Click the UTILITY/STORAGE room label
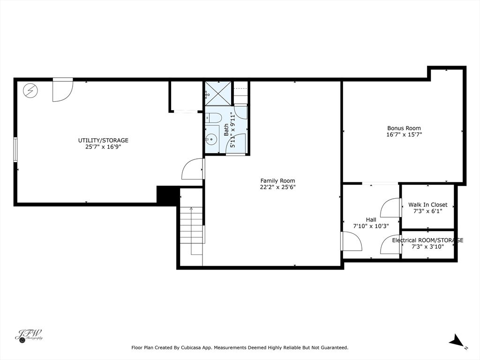point(103,140)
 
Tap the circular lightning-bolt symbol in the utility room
point(31,90)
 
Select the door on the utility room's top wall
point(62,90)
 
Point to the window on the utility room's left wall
point(15,149)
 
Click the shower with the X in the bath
point(218,93)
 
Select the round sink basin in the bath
point(212,139)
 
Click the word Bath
point(226,130)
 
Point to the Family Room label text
point(277,180)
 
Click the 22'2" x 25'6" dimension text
point(277,187)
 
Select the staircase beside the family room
point(191,230)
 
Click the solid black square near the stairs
point(168,195)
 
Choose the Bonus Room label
point(404,128)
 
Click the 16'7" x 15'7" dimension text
point(404,135)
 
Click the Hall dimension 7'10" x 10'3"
point(371,226)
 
